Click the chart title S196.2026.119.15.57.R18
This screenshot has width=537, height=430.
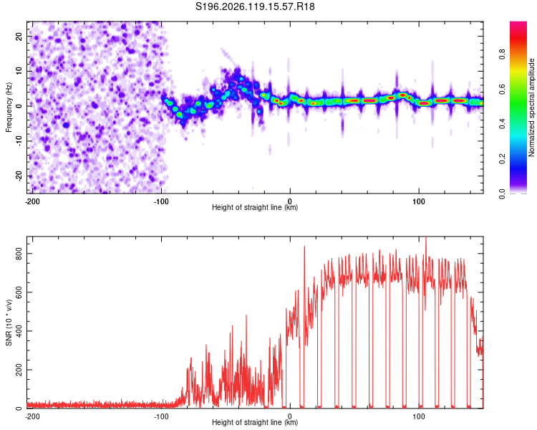(255, 6)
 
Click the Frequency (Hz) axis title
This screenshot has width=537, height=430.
(9, 107)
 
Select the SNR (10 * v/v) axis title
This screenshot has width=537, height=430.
(9, 322)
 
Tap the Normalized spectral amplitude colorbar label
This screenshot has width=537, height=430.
(531, 107)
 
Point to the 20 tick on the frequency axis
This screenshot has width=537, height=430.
(19, 36)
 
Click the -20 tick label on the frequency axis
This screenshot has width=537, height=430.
(19, 176)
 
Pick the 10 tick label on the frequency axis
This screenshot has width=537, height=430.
(19, 71)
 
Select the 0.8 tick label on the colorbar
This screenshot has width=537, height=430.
(502, 54)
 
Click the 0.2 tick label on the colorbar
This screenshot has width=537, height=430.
(502, 159)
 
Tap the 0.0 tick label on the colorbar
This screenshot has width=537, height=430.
(502, 193)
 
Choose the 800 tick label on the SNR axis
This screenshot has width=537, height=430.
(19, 254)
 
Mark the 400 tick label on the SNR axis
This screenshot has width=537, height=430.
(19, 331)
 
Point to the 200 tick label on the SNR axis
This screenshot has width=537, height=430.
(19, 370)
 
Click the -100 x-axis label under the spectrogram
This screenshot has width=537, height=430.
(161, 201)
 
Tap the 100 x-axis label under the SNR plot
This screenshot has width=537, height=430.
(419, 416)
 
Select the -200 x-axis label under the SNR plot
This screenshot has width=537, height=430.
(32, 416)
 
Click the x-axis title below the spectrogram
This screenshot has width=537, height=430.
(255, 207)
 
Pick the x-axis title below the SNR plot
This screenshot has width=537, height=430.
(255, 422)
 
